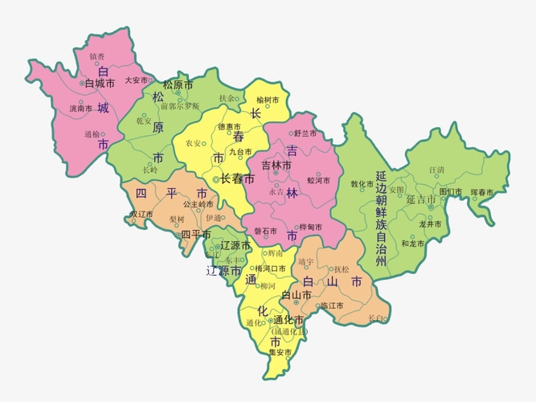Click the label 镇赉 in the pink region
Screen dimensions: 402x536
[x=96, y=57]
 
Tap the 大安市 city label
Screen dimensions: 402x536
[x=136, y=80]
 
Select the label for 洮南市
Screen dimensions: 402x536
[x=80, y=108]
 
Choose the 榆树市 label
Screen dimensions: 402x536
[x=268, y=100]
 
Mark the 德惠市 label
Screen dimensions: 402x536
[x=229, y=126]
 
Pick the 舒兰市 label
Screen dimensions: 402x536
[x=305, y=133]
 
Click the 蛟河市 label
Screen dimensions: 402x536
[x=319, y=181]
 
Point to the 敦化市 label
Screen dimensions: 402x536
[x=362, y=183]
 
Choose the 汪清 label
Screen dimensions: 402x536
[x=436, y=170]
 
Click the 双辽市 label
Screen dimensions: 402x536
[x=141, y=215]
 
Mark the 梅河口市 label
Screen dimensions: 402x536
[x=270, y=269]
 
